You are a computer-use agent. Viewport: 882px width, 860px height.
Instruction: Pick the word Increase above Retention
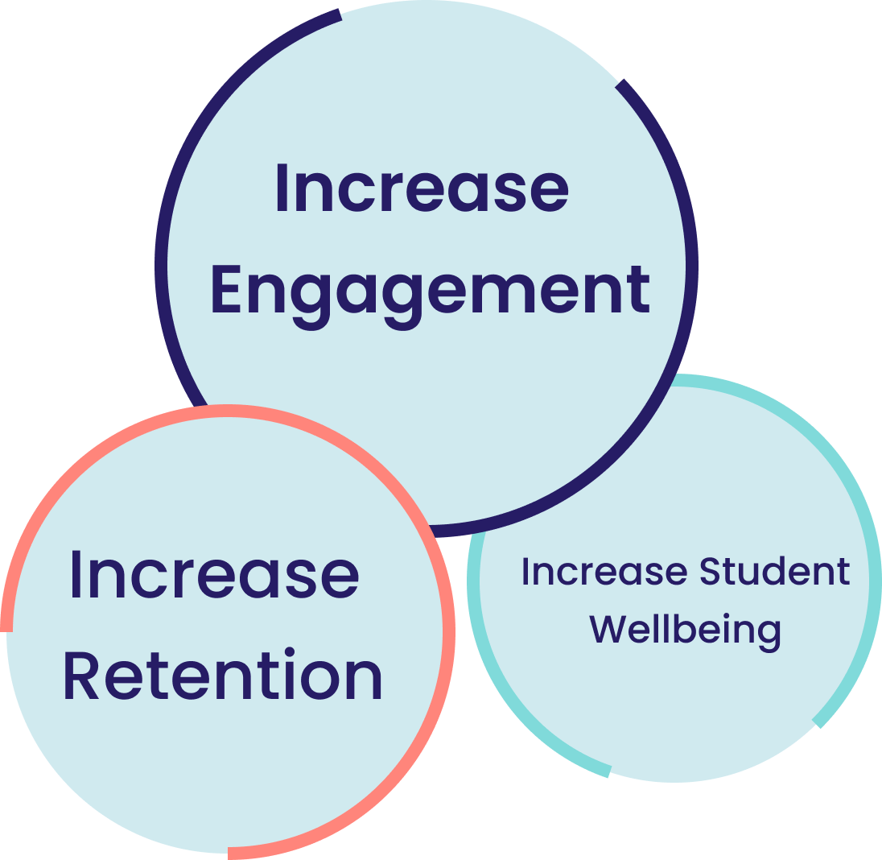pos(214,573)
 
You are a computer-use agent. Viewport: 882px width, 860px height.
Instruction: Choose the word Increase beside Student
pos(604,571)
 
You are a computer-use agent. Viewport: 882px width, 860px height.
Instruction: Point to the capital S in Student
pos(709,571)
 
